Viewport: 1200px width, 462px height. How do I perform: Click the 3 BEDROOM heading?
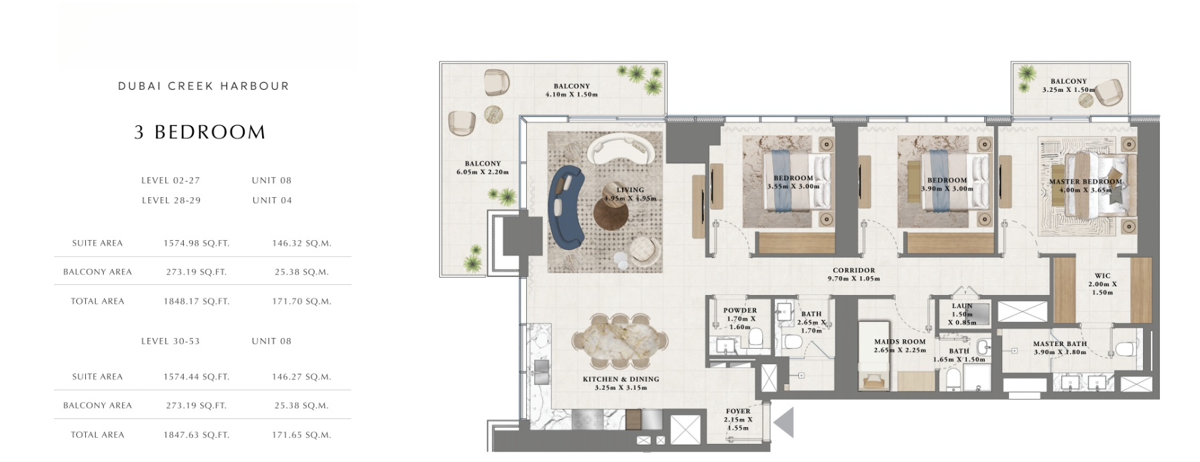tap(200, 132)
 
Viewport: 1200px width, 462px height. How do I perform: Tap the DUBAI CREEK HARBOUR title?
tap(204, 86)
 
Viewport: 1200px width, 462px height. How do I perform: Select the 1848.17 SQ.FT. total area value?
tap(196, 302)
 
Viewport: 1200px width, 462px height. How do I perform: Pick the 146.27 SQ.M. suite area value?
tap(302, 377)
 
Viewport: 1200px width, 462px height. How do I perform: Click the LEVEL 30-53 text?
tap(170, 341)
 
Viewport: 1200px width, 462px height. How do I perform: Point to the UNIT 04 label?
tap(272, 200)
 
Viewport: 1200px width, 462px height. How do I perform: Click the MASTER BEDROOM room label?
tap(1085, 182)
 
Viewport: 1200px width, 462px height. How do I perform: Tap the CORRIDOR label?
tap(854, 270)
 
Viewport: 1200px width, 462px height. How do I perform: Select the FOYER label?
tap(738, 411)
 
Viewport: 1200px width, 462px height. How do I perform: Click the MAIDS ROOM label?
tap(900, 342)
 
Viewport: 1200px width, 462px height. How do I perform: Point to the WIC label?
tap(1103, 276)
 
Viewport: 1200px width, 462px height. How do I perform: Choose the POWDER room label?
tap(740, 310)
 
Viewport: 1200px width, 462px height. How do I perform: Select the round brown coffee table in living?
tap(611, 216)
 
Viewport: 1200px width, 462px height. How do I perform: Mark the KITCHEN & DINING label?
tap(621, 380)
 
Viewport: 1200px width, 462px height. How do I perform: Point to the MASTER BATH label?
tap(1060, 344)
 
